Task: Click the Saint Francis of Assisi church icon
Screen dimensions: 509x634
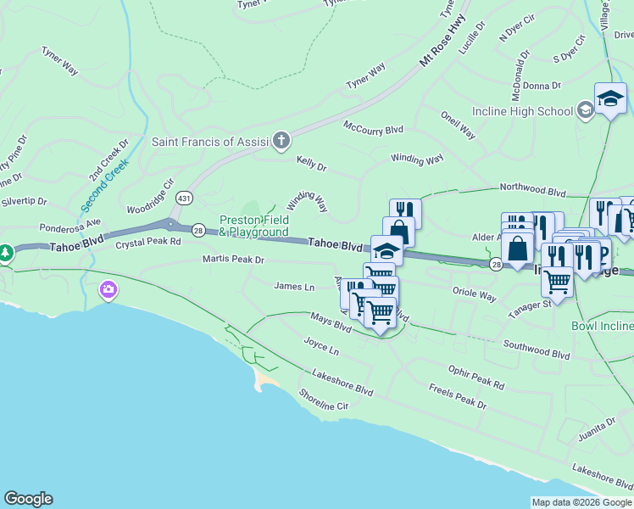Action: click(x=281, y=141)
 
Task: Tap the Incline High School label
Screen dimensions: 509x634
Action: click(x=531, y=110)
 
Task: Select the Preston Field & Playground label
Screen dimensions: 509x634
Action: click(x=254, y=226)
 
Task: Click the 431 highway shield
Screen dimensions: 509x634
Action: click(x=182, y=198)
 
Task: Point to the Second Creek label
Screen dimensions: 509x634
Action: click(x=104, y=184)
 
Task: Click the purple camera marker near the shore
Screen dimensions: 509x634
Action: click(x=108, y=291)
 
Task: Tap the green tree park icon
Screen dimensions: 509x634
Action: click(x=6, y=253)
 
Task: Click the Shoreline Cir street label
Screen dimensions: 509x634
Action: click(x=324, y=400)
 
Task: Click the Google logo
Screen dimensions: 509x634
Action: click(x=28, y=499)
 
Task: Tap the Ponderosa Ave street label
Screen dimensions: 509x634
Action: click(x=70, y=228)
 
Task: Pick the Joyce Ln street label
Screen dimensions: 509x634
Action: click(x=321, y=347)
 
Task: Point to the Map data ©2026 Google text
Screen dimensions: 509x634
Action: click(x=581, y=502)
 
